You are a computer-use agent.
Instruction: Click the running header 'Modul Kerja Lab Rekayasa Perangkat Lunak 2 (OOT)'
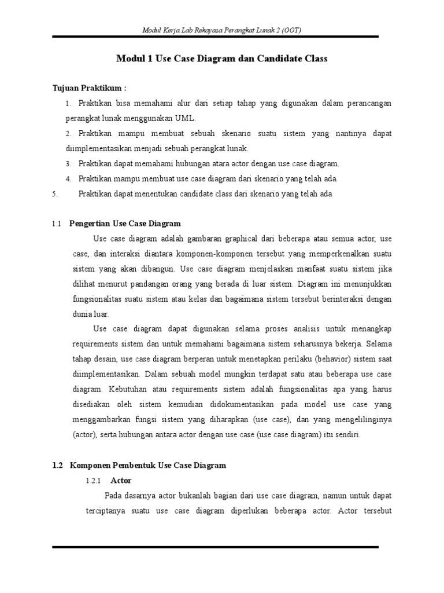coord(222,30)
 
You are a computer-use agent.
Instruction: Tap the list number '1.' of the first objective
coord(68,103)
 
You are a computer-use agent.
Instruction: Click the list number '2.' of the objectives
coord(68,133)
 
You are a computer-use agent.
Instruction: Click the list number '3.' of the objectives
coord(68,164)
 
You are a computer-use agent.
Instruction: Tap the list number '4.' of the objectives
coord(68,179)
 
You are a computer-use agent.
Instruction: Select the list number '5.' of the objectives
coord(54,194)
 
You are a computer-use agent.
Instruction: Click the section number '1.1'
coord(57,224)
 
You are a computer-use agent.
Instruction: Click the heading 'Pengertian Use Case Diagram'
coord(125,224)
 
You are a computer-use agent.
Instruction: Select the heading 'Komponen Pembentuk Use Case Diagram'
coord(148,465)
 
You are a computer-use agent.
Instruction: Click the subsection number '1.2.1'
coord(93,481)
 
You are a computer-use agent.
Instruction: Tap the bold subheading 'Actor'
coord(121,481)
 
